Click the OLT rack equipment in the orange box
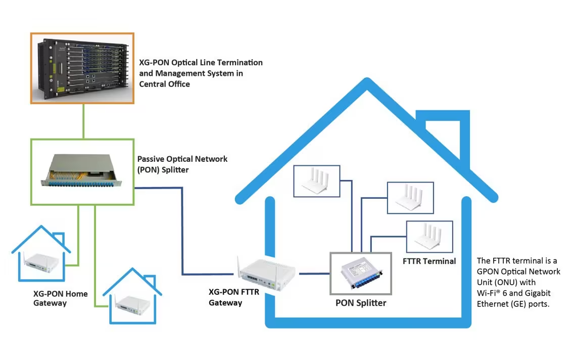(82, 68)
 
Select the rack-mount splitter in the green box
(82, 172)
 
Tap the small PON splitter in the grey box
(360, 274)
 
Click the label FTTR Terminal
(429, 261)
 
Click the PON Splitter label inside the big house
(361, 303)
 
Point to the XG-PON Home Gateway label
(60, 298)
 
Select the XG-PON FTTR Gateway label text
(234, 297)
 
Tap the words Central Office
(165, 84)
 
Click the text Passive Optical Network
(182, 159)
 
